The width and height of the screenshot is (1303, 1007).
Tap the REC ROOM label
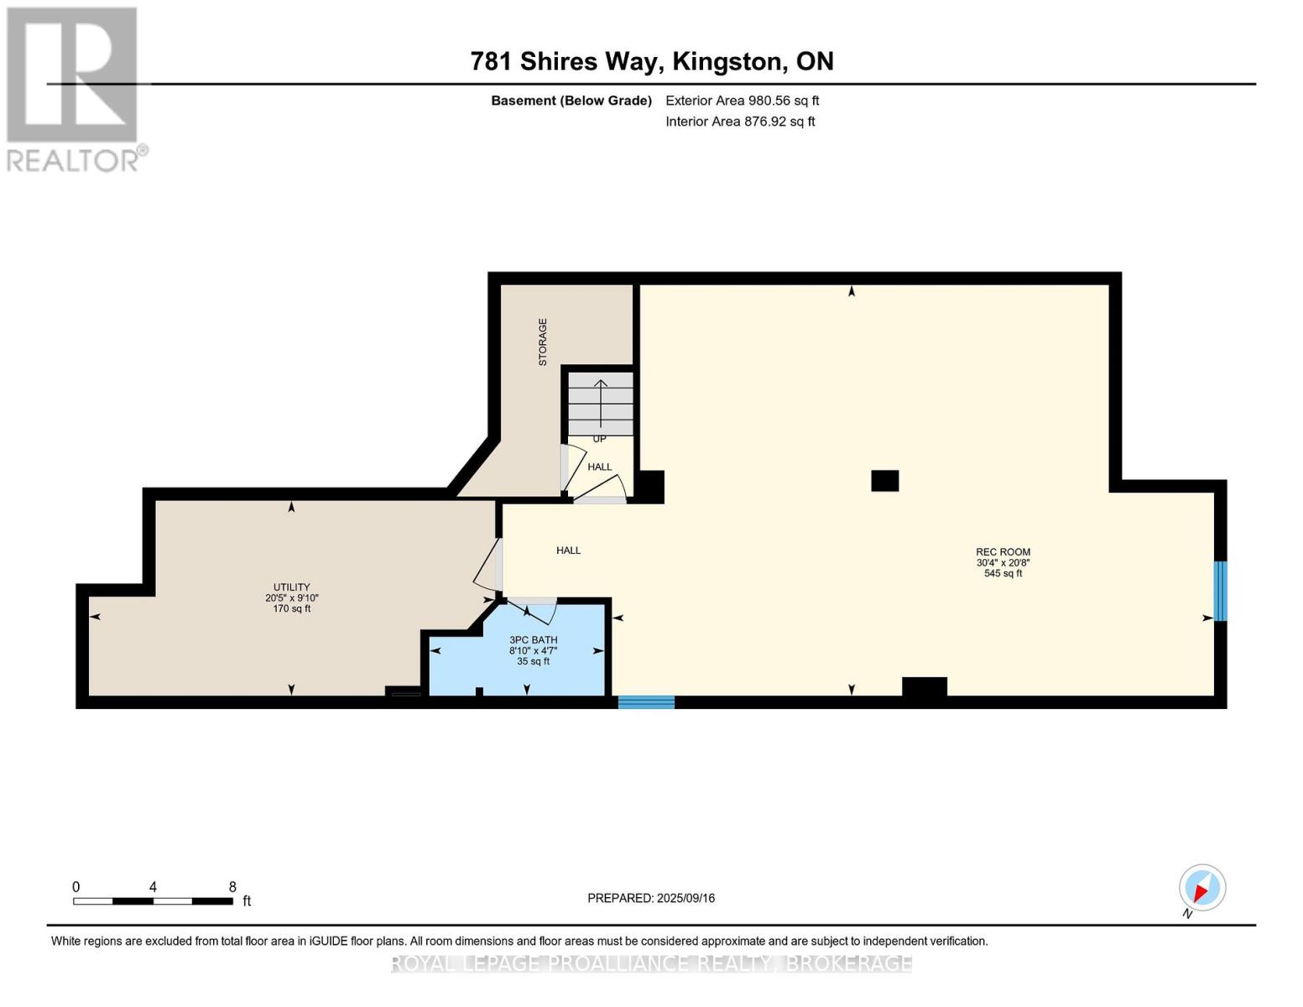click(x=1003, y=552)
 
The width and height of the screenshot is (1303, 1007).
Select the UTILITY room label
click(x=291, y=587)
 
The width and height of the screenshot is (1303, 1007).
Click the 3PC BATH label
click(x=533, y=640)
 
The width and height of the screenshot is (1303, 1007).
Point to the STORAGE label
click(x=542, y=342)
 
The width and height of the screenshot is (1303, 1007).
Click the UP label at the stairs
click(x=599, y=439)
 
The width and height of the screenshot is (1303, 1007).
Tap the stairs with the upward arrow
click(x=601, y=404)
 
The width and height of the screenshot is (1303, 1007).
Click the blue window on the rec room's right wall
click(x=1221, y=591)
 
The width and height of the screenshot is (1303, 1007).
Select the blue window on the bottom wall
click(x=646, y=702)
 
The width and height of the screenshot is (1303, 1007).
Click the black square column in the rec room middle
click(x=884, y=480)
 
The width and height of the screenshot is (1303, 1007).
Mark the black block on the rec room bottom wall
click(x=924, y=686)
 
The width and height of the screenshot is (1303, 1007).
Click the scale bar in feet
click(x=153, y=901)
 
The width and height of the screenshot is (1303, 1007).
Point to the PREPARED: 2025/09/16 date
click(x=650, y=898)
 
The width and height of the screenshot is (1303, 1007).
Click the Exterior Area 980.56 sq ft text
click(x=742, y=101)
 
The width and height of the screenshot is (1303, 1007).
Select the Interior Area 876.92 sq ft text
click(x=740, y=122)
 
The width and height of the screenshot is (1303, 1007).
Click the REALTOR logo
click(x=74, y=88)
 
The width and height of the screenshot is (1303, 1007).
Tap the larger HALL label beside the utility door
click(x=568, y=550)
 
